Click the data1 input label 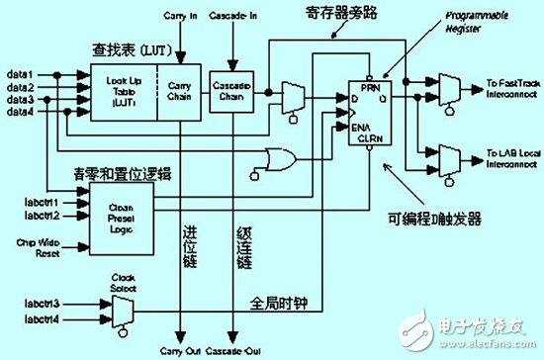pyautogui.click(x=21, y=75)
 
